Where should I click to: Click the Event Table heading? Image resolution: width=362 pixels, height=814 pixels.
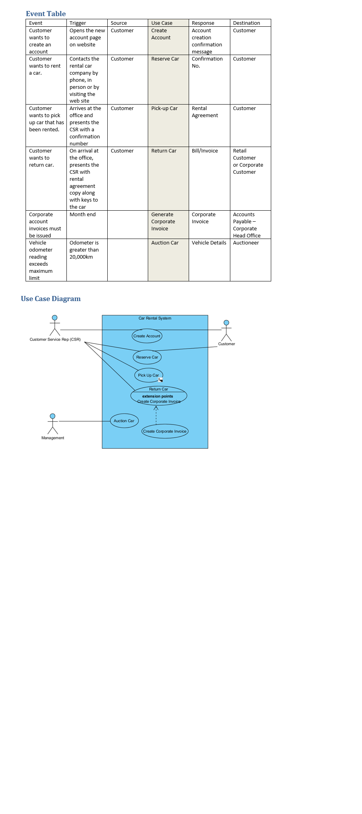coord(46,14)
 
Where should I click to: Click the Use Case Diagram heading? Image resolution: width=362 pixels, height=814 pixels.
coord(51,299)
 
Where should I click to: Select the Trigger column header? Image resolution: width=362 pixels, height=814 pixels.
coord(78,23)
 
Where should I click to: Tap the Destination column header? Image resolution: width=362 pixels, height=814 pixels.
coord(246,23)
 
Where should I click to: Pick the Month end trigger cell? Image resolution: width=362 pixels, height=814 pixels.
coord(83,215)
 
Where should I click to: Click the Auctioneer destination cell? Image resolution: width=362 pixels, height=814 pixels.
coord(246,243)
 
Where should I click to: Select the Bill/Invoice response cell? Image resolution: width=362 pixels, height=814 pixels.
coord(205,151)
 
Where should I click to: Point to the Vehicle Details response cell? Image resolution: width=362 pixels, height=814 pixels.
coord(209,243)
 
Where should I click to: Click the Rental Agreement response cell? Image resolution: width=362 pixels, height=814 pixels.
coord(205,112)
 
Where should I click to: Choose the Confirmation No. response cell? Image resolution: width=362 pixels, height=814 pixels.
coord(207,62)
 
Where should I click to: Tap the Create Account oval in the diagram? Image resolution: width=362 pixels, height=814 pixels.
coord(147,336)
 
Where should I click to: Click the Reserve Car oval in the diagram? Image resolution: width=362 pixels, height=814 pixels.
coord(147,357)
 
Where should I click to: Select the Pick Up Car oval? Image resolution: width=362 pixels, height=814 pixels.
coord(149,375)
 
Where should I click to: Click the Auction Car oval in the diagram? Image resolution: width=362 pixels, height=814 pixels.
coord(124,421)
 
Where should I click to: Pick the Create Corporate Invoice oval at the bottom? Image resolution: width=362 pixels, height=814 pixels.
coord(165,431)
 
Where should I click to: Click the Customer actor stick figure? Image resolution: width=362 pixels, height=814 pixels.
coord(226,331)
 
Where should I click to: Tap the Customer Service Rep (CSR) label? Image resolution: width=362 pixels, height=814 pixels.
coord(55,340)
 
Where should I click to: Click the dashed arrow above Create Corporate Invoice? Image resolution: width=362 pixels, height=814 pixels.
coord(156,415)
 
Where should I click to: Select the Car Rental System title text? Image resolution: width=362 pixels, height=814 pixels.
coord(155,318)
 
